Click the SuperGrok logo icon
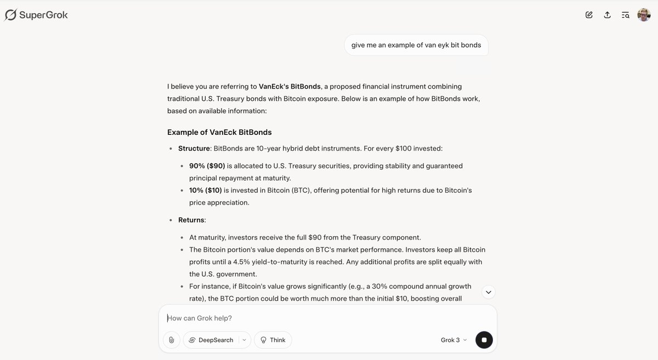pos(10,15)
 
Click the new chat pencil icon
pos(589,15)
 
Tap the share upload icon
pos(607,15)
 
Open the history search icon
pos(625,15)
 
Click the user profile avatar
pos(644,15)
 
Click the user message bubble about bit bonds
pos(416,45)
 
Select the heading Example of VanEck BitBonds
pos(219,132)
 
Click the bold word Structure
pos(194,148)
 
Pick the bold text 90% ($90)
pos(207,165)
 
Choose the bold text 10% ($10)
pos(206,190)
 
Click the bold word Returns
pos(191,220)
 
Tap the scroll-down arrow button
pos(488,292)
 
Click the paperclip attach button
pos(171,340)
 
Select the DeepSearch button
pos(211,340)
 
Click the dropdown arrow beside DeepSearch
pos(244,340)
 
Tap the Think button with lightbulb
pos(273,340)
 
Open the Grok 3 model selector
pos(453,340)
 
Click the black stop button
pos(484,340)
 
